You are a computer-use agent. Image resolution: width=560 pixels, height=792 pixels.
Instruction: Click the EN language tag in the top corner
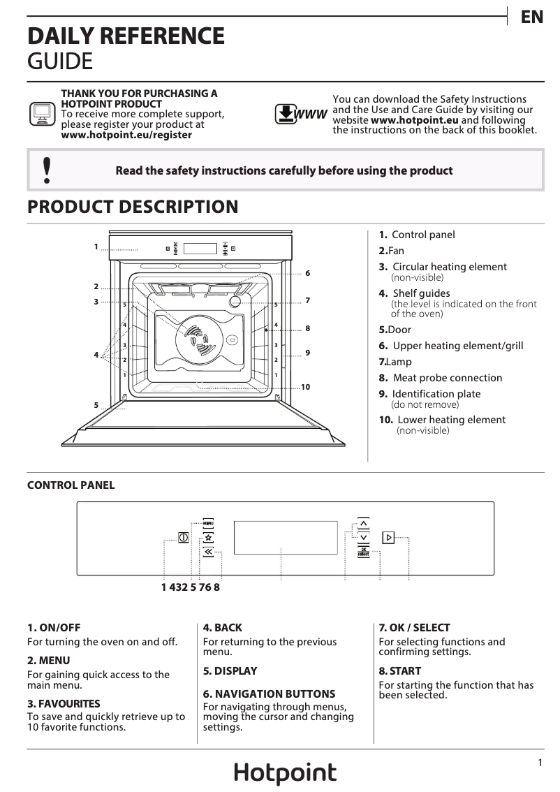coord(532,17)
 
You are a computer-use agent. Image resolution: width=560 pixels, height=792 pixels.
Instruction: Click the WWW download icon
coord(301,115)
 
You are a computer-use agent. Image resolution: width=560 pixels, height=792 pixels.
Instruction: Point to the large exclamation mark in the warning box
coord(47,170)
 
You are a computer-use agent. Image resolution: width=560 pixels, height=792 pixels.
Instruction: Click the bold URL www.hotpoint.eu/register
coord(126,135)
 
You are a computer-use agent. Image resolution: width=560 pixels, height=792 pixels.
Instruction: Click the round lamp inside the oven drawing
coord(237,300)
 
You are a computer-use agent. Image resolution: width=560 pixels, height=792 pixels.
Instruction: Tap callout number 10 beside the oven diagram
coord(305,386)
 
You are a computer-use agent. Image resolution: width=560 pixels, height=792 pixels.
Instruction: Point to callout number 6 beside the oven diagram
coord(307,273)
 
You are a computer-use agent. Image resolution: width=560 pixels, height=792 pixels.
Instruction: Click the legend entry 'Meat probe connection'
coord(447,378)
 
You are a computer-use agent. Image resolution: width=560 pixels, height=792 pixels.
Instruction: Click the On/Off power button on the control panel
coord(184,538)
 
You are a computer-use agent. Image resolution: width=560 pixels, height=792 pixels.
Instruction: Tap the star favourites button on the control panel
coord(208,538)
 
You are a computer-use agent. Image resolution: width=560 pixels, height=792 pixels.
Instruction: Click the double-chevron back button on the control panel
coord(208,552)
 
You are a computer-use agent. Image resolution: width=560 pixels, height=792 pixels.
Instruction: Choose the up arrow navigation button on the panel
coord(363,524)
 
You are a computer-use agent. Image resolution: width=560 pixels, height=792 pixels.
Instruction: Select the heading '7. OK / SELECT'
coord(414,628)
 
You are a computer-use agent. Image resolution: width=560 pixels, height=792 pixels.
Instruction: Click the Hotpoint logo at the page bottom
coord(285,773)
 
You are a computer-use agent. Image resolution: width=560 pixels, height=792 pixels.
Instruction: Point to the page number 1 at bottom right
coord(540,763)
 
